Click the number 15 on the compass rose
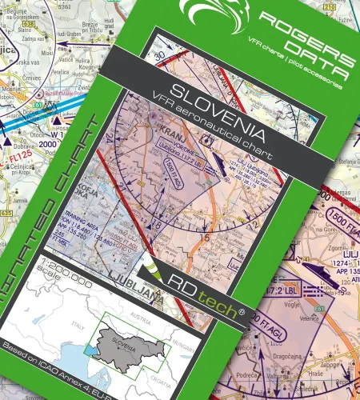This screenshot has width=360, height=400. (205, 237)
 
